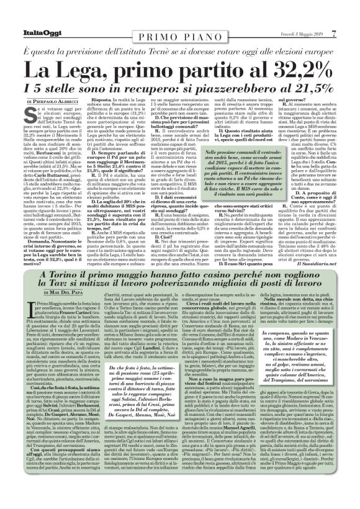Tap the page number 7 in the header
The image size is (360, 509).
point(351,7)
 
